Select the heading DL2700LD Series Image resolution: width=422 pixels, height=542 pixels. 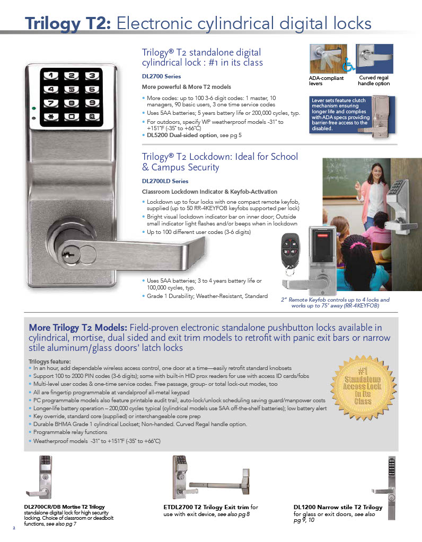pos(165,181)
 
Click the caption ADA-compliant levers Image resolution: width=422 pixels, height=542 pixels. pos(326,80)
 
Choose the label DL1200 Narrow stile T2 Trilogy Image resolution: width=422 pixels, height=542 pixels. pos(338,507)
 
